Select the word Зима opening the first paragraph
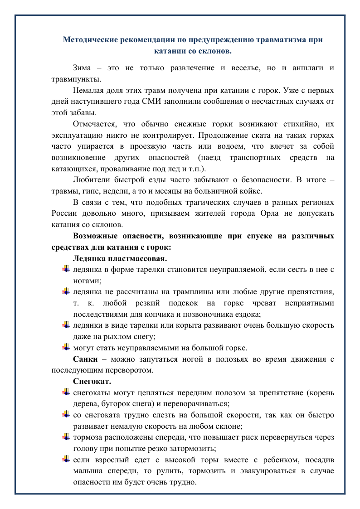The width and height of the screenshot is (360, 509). coord(82,68)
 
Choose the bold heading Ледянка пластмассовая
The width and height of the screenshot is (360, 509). coord(120,258)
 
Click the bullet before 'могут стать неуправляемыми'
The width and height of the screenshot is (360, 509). coord(66,348)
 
